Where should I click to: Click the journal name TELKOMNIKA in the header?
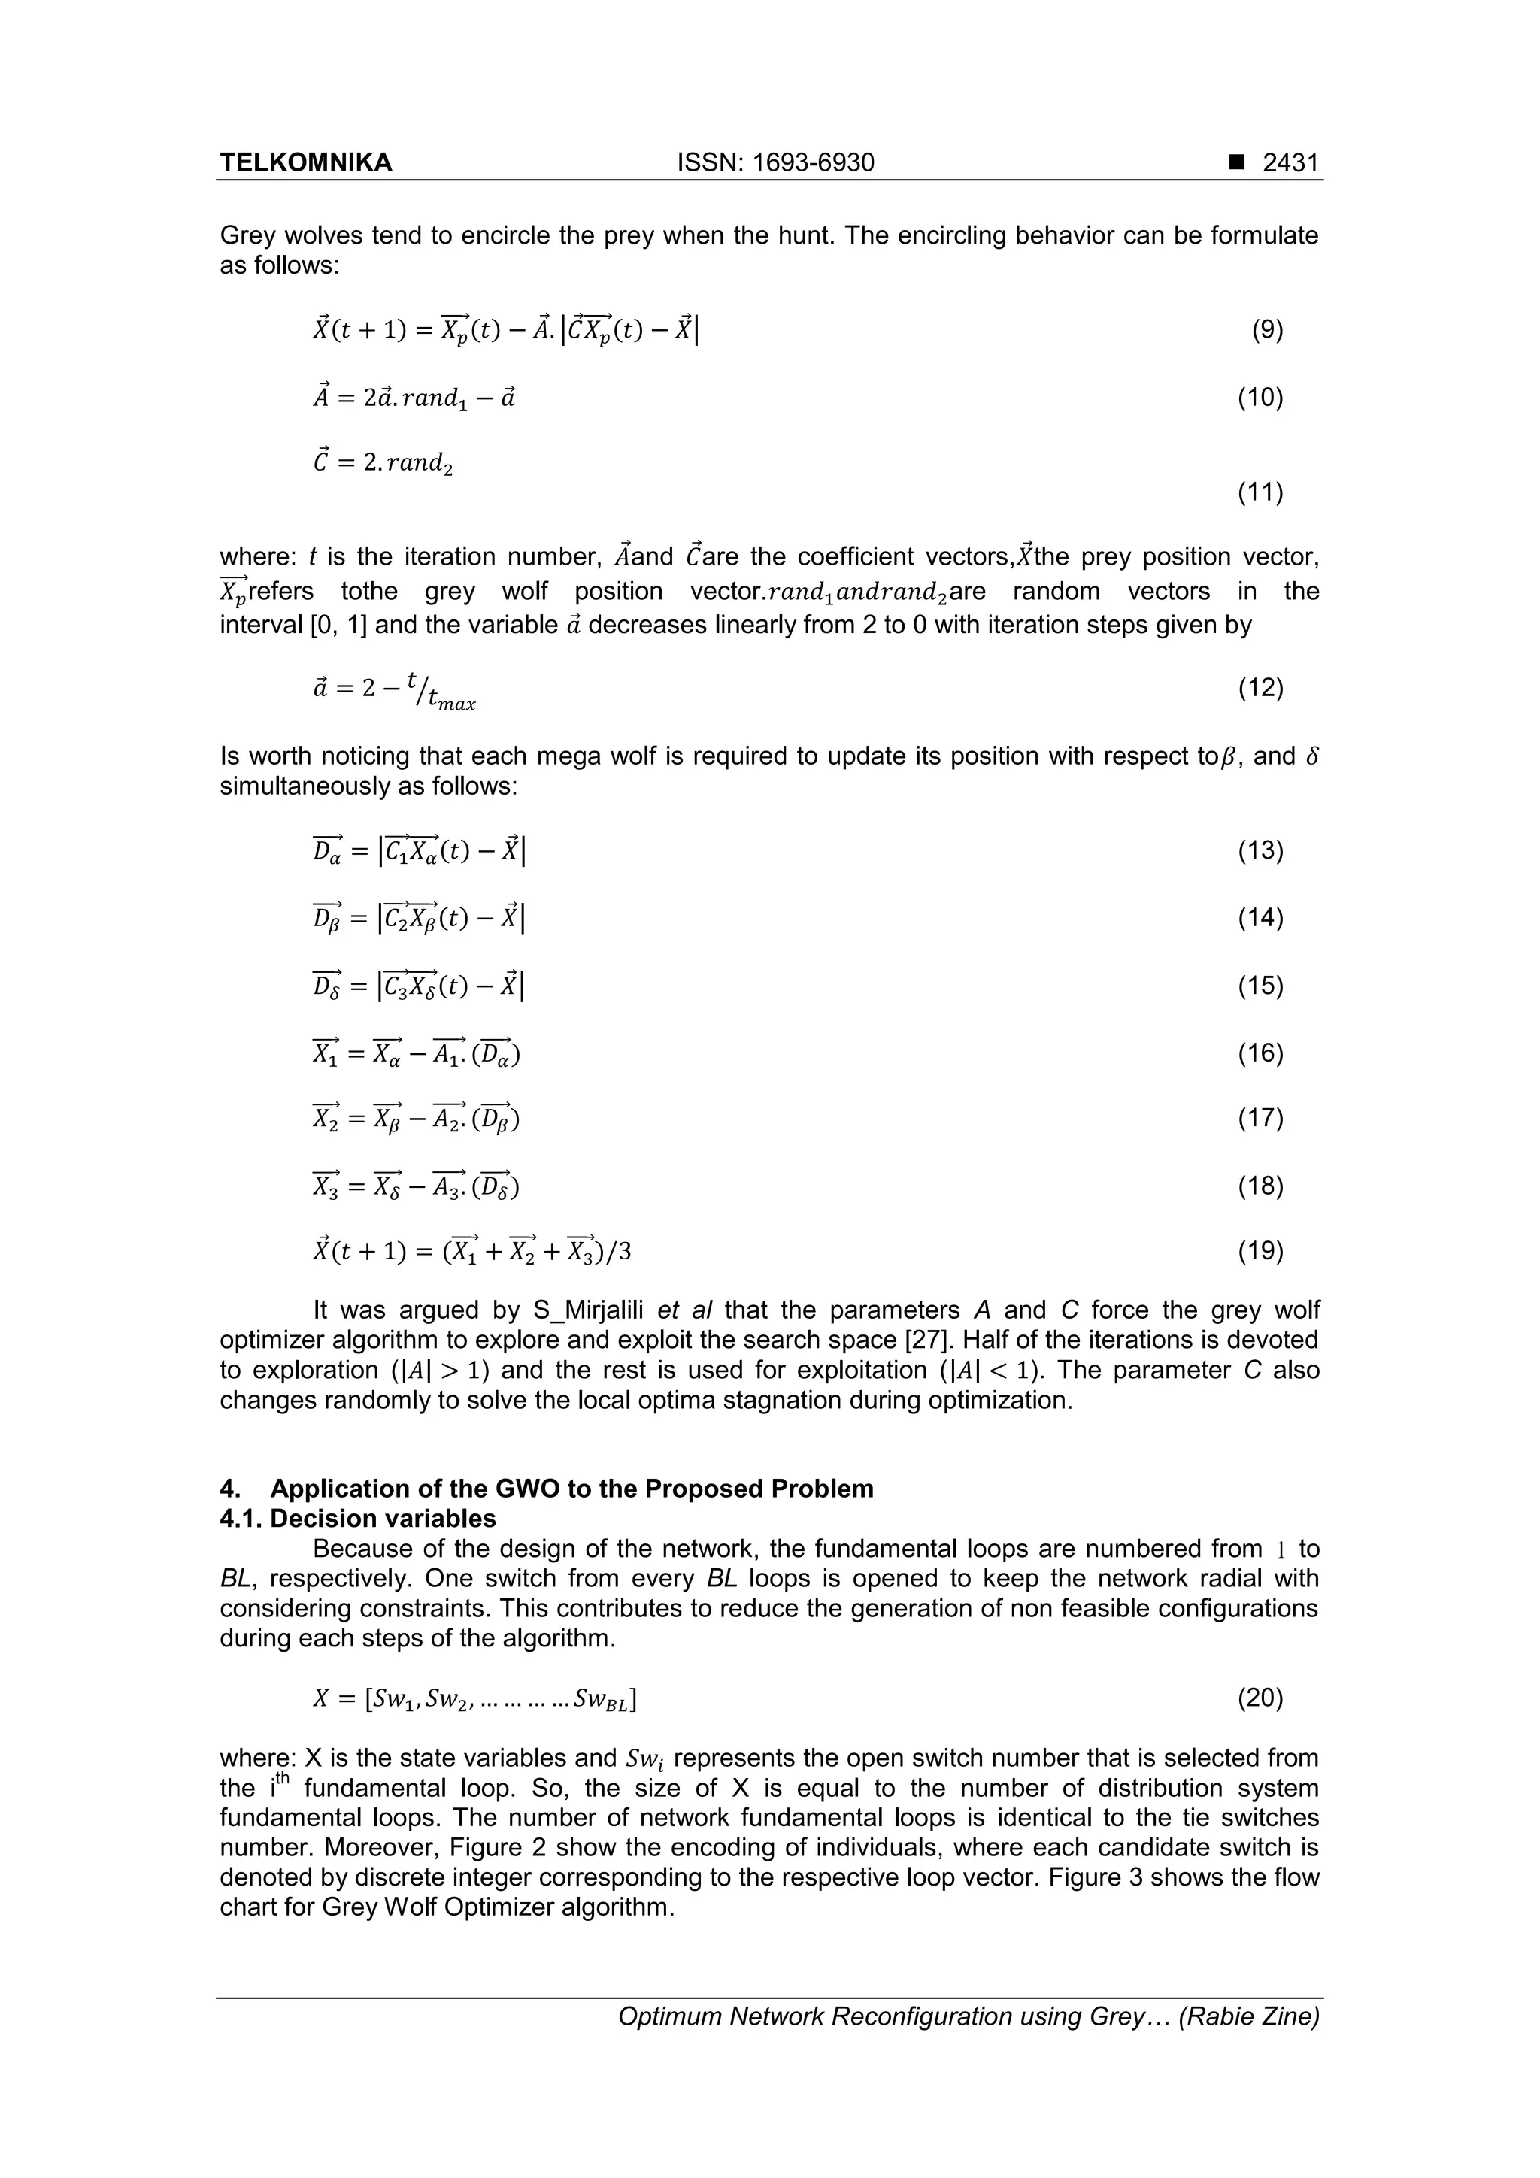pyautogui.click(x=305, y=163)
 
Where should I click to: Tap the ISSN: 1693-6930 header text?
pyautogui.click(x=775, y=163)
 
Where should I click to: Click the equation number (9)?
pyautogui.click(x=1267, y=330)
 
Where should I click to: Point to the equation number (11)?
pyautogui.click(x=1260, y=492)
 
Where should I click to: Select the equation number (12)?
pyautogui.click(x=1260, y=688)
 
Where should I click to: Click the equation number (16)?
pyautogui.click(x=1260, y=1053)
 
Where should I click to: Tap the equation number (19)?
pyautogui.click(x=1260, y=1253)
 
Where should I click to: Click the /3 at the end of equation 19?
pyautogui.click(x=617, y=1253)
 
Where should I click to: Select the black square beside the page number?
pyautogui.click(x=1235, y=163)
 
